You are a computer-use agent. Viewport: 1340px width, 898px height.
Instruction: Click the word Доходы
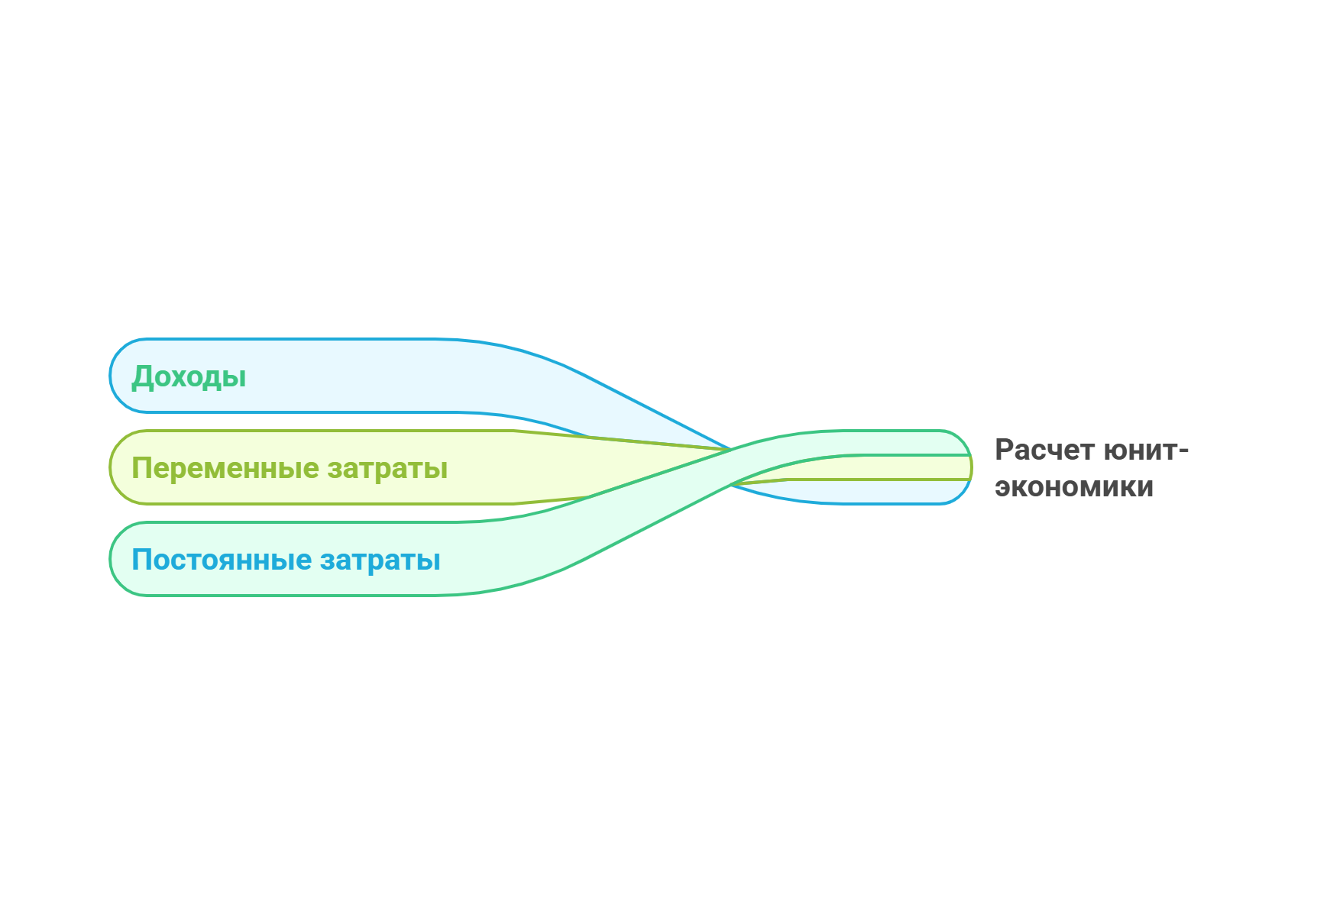click(x=189, y=376)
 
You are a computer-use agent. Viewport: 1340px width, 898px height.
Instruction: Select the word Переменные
click(x=224, y=468)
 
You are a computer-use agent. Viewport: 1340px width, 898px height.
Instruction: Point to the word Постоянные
click(x=222, y=560)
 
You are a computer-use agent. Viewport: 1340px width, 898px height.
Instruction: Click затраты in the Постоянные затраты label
click(x=380, y=560)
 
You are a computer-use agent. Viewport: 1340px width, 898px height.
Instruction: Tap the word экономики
click(x=1074, y=487)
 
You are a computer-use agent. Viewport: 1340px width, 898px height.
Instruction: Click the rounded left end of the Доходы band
click(x=112, y=376)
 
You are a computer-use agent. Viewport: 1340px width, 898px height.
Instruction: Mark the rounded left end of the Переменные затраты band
click(x=112, y=467)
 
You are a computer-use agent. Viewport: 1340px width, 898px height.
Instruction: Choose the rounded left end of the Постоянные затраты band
click(x=112, y=559)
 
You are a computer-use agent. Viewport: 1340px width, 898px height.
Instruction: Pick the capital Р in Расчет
click(x=1005, y=450)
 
